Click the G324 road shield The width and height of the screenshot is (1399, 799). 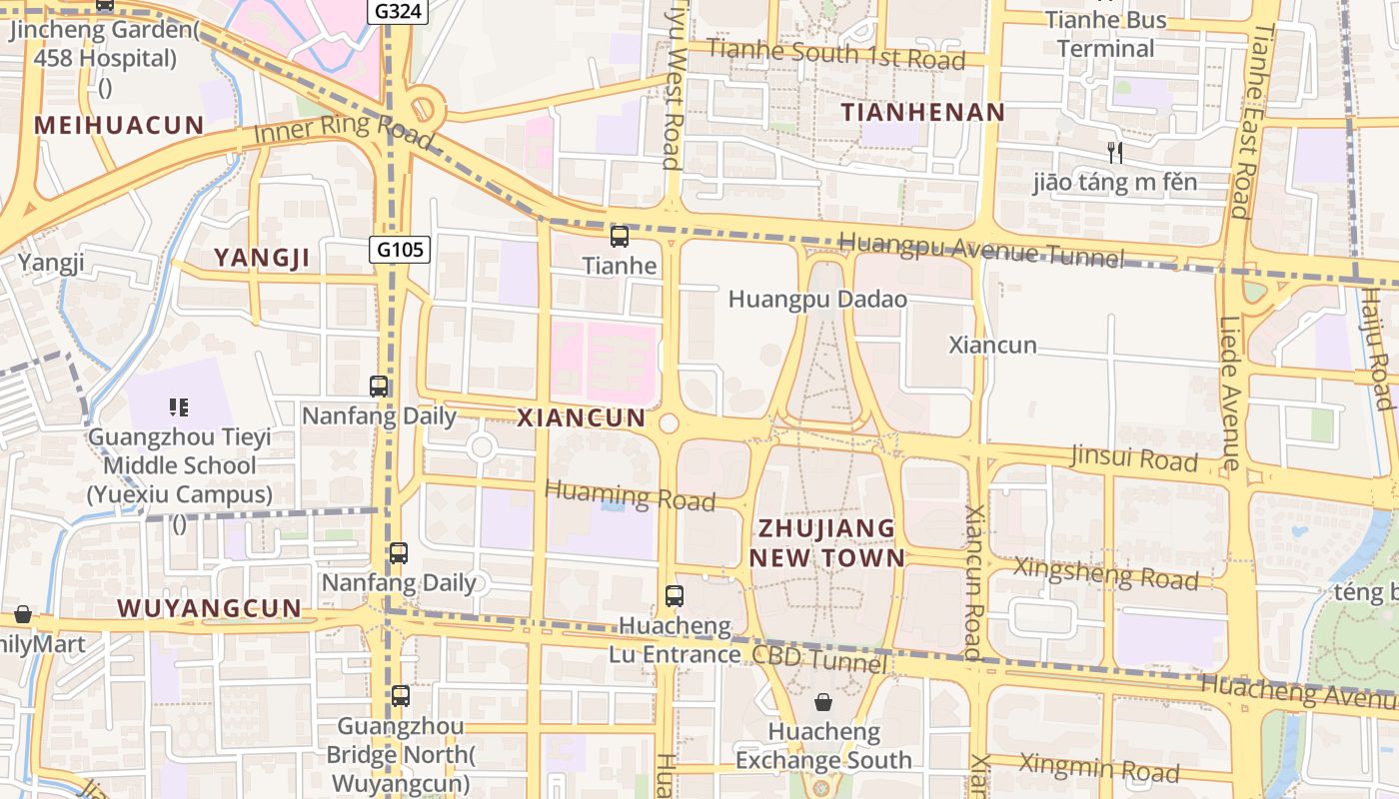point(399,12)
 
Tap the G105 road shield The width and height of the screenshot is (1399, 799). point(401,249)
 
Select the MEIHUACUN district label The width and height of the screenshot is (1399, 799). point(119,125)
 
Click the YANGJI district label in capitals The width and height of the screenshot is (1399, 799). point(262,259)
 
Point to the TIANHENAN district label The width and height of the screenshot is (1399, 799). point(922,112)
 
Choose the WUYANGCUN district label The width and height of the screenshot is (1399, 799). point(209,608)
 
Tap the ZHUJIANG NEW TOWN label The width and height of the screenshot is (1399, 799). point(827,542)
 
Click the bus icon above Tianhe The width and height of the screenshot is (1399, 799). point(620,237)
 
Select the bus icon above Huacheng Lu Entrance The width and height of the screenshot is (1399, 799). point(675,596)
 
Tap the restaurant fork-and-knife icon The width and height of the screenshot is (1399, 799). point(1115,153)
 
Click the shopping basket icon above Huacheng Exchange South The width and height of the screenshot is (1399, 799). point(822,702)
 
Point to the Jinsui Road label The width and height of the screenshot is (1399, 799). point(1133,458)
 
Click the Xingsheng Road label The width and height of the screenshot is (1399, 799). point(1105,572)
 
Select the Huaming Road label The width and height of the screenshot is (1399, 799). point(631,495)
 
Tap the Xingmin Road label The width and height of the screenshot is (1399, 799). point(1098,768)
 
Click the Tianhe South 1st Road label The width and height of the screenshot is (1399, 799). point(835,54)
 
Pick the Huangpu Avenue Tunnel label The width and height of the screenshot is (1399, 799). point(980,250)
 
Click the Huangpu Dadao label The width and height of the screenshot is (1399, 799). point(817,300)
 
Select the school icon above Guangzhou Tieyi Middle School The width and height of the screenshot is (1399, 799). point(179,406)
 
